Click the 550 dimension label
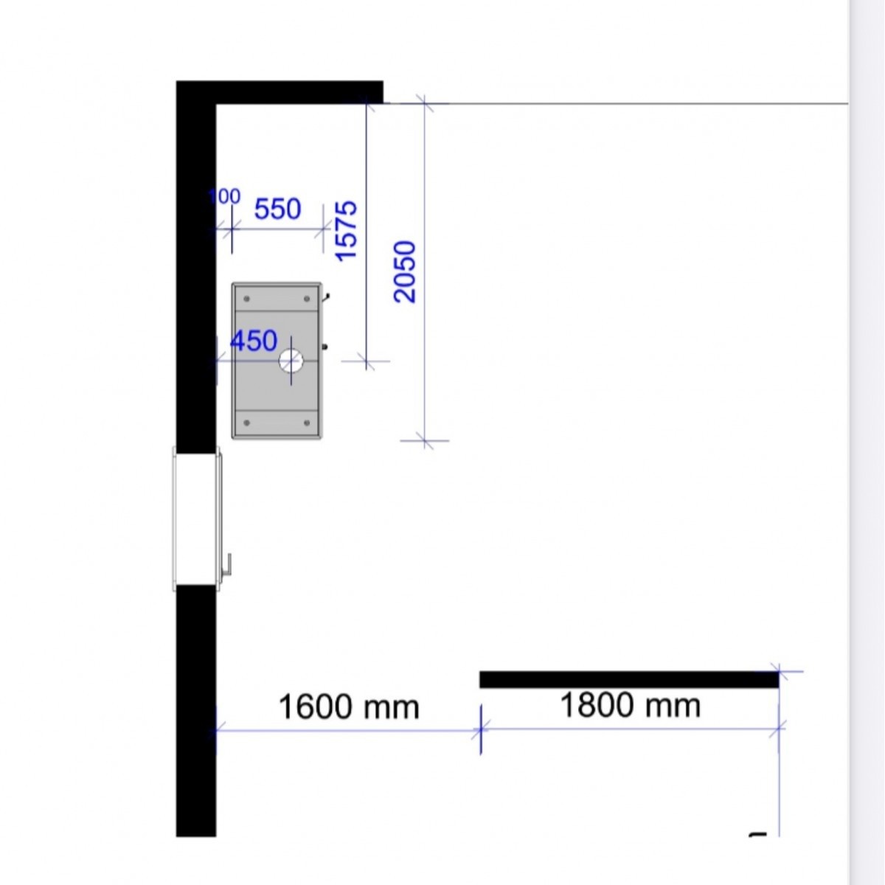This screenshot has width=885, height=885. (277, 209)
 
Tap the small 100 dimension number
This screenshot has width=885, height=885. (225, 197)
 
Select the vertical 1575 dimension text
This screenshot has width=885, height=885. (346, 231)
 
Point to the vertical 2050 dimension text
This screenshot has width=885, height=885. (405, 271)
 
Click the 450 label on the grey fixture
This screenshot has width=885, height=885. (254, 341)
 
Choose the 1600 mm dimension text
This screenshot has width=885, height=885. (349, 707)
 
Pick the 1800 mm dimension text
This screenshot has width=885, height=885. (631, 706)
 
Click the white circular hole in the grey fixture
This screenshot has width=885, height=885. (291, 361)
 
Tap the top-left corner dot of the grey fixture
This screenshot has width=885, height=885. (246, 299)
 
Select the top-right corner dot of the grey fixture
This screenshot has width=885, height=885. (307, 299)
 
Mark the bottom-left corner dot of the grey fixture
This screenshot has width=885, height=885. (246, 423)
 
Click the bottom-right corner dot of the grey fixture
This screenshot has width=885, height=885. (307, 423)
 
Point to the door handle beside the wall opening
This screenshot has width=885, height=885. (227, 564)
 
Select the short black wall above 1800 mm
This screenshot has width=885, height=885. (629, 680)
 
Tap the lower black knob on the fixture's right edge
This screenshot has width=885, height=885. (324, 347)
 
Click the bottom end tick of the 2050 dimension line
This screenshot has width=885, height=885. (425, 440)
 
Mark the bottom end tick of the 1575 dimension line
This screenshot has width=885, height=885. (366, 361)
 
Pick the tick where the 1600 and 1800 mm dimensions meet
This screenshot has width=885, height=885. (480, 729)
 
